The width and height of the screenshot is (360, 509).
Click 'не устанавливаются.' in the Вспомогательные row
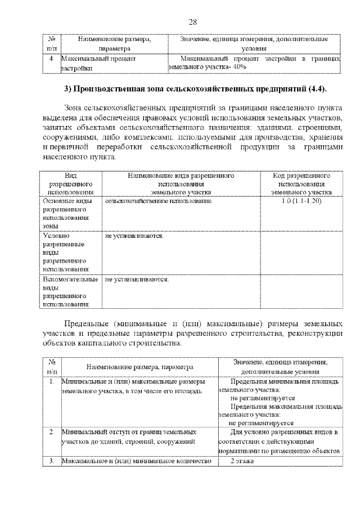[x=137, y=279]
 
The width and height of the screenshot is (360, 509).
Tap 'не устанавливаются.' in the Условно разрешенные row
[x=134, y=236]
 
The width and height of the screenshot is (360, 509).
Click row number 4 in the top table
[x=51, y=58]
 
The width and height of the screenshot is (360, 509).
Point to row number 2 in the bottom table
[x=51, y=432]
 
